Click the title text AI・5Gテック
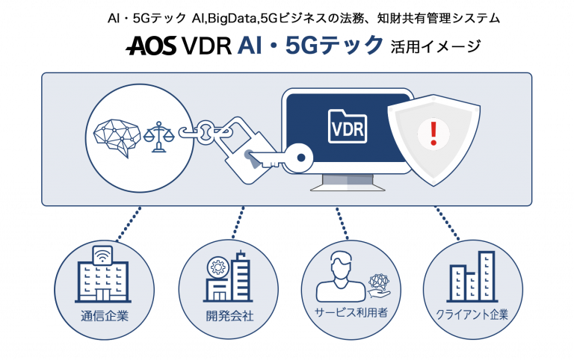310,46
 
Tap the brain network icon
117,134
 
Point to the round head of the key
301,156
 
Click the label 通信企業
105,315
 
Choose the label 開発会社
229,315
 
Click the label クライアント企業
472,314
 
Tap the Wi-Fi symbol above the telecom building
103,254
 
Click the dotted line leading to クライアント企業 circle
448,223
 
